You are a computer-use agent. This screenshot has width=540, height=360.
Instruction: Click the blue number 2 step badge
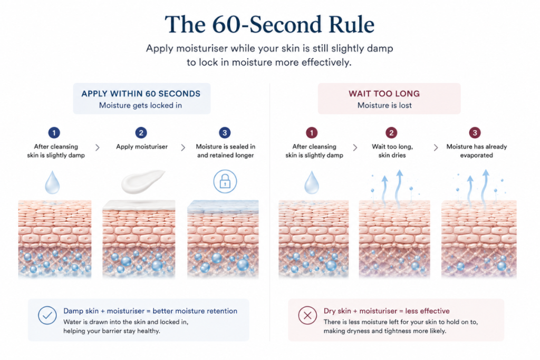[141, 132]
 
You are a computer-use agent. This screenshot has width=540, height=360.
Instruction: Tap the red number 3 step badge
[475, 132]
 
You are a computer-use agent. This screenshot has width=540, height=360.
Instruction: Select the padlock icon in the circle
[225, 181]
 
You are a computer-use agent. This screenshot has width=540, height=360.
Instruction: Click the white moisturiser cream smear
[143, 181]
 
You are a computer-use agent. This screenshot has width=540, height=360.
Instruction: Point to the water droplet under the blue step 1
[52, 182]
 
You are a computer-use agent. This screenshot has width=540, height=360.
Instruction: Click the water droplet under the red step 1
[312, 182]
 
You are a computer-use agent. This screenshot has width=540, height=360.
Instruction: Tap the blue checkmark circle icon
[47, 315]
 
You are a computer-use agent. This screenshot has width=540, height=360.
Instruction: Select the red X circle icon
[307, 315]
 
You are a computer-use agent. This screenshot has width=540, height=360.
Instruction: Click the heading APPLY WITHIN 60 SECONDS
[141, 94]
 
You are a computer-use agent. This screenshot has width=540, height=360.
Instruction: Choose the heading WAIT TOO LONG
[384, 94]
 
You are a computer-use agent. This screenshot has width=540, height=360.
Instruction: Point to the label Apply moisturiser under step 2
[141, 147]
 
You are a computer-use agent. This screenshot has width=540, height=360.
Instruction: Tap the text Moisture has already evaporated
[477, 151]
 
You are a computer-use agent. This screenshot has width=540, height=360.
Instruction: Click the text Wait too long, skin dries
[392, 151]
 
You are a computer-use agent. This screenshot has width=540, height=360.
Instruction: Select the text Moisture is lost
[384, 105]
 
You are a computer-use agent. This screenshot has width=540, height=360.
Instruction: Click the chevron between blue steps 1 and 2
[98, 148]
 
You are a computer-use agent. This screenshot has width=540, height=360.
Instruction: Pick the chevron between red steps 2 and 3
[436, 148]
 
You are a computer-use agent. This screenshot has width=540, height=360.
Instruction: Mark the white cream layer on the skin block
[139, 205]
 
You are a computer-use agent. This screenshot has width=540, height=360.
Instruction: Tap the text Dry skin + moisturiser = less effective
[387, 311]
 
